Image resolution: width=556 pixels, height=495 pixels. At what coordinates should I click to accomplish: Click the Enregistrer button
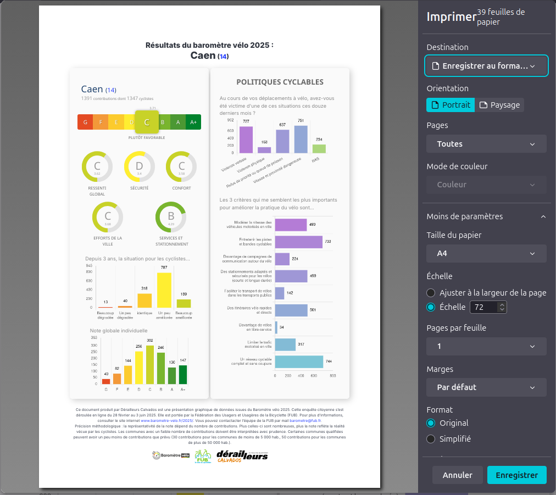point(516,475)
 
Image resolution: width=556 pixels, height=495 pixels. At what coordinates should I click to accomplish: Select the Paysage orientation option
point(499,105)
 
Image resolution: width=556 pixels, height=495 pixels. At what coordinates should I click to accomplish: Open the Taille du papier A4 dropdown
point(486,253)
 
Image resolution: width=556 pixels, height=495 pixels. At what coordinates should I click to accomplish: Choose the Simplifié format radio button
point(431,439)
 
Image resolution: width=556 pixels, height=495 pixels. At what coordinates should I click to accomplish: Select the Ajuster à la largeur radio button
point(431,293)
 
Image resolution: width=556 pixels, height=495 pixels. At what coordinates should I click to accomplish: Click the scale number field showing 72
point(484,307)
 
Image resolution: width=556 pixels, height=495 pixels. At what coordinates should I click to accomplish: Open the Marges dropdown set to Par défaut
point(486,387)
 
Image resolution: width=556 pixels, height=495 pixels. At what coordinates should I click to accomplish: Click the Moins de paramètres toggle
point(486,216)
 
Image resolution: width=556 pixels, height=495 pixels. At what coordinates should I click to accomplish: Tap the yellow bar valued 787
point(164,290)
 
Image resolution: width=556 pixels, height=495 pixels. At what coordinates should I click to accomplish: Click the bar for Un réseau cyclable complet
point(299,361)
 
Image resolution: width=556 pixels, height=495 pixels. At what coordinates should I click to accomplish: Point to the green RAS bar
point(319,148)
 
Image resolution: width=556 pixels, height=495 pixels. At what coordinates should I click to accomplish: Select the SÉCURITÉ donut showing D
point(139,166)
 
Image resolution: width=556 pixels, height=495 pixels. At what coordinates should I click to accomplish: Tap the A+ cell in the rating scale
point(193,122)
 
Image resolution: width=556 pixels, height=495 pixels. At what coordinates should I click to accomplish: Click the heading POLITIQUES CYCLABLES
point(280,82)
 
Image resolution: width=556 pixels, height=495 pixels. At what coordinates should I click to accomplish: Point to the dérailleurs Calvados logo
point(242,456)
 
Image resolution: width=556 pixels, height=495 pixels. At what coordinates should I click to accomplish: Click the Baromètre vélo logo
point(171,455)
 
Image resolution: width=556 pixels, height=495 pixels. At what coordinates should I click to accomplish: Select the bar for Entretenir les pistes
point(298,242)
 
